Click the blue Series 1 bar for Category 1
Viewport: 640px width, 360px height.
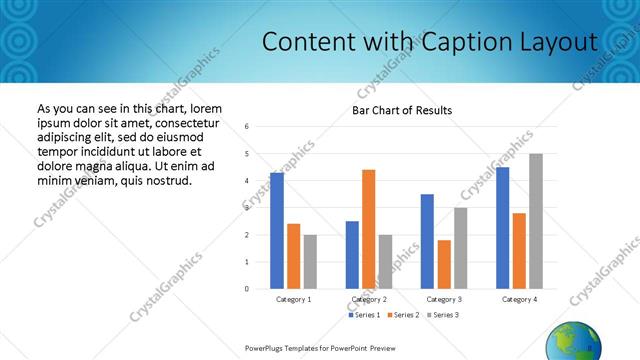click(277, 231)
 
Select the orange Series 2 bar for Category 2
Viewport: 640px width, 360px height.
click(368, 229)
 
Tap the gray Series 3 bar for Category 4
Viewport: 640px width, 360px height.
click(536, 221)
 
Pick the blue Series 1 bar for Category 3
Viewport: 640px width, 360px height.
click(427, 241)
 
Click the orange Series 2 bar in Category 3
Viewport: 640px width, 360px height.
click(444, 264)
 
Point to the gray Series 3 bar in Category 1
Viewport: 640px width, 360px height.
click(310, 262)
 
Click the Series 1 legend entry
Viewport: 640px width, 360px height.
click(364, 315)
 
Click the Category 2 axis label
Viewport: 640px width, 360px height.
click(368, 299)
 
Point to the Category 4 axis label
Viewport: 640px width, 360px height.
click(519, 299)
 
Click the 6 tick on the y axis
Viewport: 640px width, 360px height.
click(247, 127)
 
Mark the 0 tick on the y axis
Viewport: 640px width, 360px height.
click(247, 289)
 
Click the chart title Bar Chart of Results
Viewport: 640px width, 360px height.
click(402, 110)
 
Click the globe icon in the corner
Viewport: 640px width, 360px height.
click(573, 342)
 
